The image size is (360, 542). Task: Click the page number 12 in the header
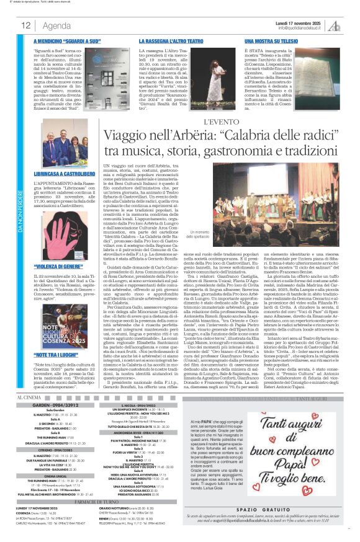coord(26,25)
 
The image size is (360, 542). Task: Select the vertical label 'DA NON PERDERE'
coord(20,211)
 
